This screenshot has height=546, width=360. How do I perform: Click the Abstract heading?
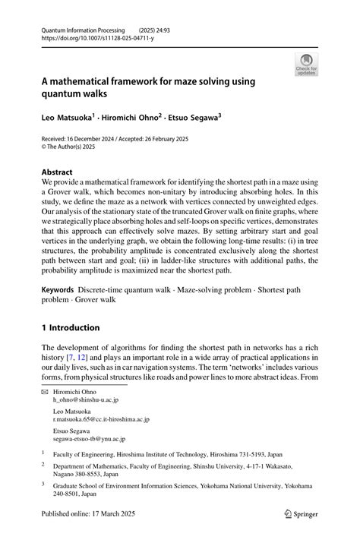coord(58,172)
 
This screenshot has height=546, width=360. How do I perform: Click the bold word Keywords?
coord(57,290)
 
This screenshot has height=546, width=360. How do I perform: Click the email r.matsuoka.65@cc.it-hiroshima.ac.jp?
coord(101,419)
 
